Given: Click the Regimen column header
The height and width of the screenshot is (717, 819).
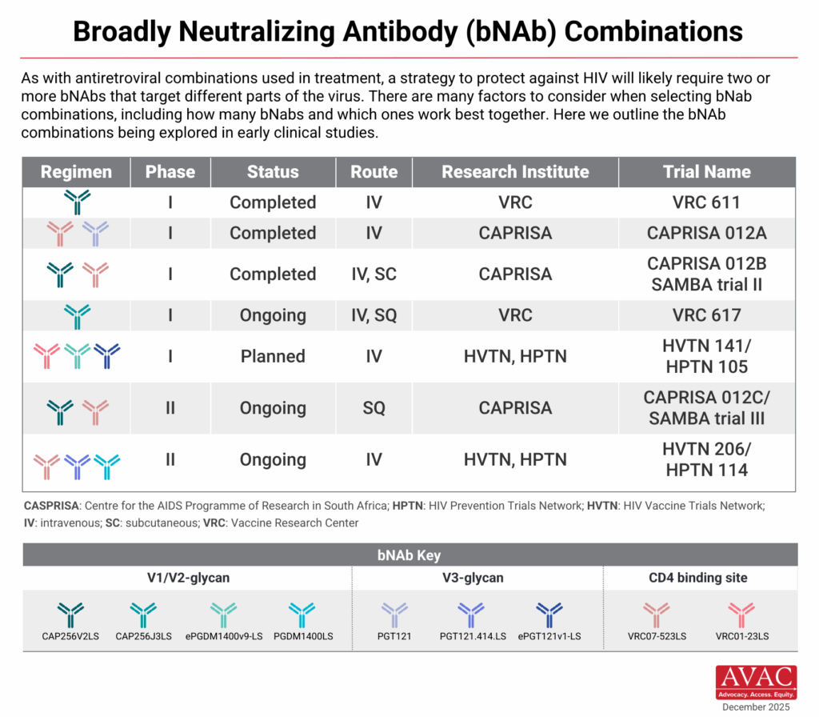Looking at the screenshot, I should (x=76, y=172).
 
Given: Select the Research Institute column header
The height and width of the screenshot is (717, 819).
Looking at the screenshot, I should (x=515, y=172).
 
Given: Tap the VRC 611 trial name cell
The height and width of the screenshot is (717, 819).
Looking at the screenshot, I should (x=706, y=202).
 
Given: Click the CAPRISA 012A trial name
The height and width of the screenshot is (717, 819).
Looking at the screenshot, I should (x=706, y=233).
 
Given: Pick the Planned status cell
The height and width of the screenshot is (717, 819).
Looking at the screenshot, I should (x=273, y=356).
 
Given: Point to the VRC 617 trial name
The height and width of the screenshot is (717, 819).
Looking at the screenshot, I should (x=706, y=315).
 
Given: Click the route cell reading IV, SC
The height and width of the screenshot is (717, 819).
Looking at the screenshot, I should (x=374, y=274).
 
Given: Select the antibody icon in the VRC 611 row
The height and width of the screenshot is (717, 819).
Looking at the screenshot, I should (x=77, y=202).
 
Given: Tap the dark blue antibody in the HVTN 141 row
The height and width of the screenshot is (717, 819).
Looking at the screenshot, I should (x=106, y=354).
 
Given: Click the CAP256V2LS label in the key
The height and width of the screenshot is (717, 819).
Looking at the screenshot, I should (x=71, y=636).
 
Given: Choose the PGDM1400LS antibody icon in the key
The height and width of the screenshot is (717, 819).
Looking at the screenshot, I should (x=302, y=615).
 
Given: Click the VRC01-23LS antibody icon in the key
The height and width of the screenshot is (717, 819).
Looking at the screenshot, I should (x=742, y=615).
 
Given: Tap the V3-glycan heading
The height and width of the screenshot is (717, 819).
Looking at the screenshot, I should (x=477, y=578).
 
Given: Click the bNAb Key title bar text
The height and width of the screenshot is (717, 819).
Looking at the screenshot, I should (x=409, y=555).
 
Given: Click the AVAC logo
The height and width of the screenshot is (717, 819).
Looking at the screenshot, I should (x=756, y=682).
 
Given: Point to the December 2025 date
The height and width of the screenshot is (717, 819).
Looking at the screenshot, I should (x=756, y=707).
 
